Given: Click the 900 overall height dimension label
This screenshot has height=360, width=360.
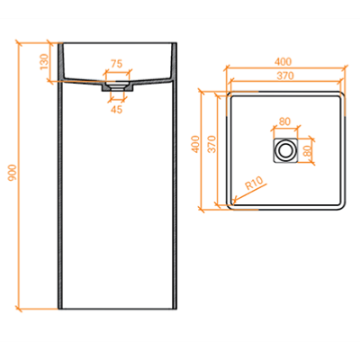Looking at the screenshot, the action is [x=12, y=173].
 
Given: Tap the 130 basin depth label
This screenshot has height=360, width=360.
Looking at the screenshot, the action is [x=44, y=61].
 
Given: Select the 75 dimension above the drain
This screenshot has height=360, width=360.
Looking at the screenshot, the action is [x=117, y=64].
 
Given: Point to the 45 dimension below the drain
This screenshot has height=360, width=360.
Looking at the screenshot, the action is [x=117, y=110].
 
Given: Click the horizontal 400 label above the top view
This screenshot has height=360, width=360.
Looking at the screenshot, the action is [x=283, y=61].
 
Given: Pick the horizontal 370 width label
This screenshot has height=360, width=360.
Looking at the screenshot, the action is [x=285, y=76].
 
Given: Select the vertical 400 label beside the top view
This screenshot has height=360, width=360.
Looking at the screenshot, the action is [x=195, y=144].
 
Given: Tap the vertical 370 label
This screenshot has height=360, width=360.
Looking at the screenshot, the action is [x=212, y=144].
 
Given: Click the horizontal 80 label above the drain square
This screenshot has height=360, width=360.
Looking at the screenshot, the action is [x=284, y=121].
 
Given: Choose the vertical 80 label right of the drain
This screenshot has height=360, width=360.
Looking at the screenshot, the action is [x=307, y=151].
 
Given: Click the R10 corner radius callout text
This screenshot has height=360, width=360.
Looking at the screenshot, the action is [x=254, y=184].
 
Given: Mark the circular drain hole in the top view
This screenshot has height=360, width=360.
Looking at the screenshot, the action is [x=284, y=150].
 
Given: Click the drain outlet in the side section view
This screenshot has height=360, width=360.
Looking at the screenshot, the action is [x=117, y=86].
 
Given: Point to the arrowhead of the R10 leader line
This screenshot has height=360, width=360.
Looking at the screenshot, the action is [x=234, y=201].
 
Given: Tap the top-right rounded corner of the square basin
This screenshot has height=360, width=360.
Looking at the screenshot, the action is [x=342, y=94].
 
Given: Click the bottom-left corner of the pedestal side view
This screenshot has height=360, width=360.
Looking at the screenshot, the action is [x=58, y=309].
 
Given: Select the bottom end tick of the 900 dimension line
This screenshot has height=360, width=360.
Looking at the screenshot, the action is [x=19, y=309].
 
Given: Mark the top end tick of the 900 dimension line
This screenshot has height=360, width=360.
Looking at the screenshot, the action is [x=19, y=43].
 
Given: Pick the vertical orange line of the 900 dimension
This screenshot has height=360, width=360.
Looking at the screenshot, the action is [x=19, y=175].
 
